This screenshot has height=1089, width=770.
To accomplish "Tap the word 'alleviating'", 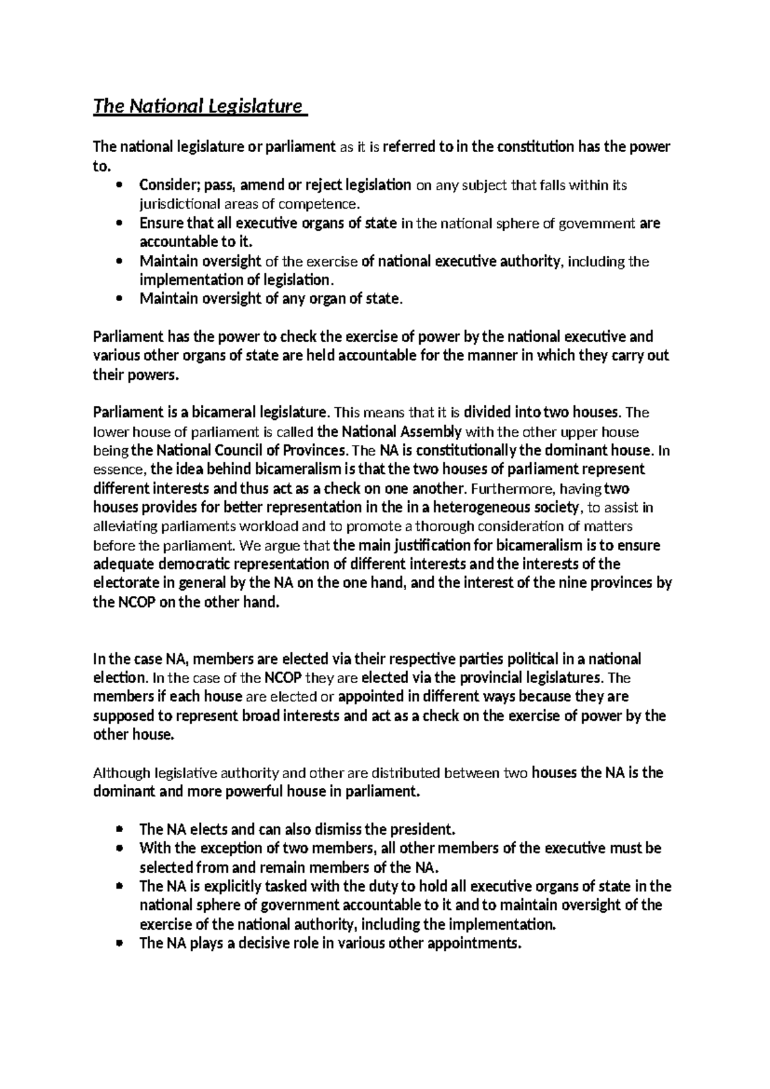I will [x=120, y=527].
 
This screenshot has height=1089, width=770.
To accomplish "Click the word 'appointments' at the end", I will [x=474, y=944].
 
